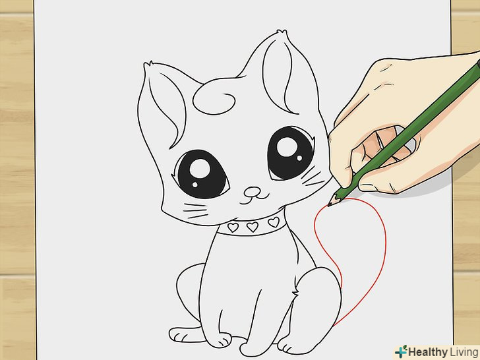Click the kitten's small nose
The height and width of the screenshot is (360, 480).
[253, 193]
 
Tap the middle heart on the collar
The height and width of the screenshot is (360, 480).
[253, 227]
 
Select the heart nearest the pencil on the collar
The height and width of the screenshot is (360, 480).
[274, 222]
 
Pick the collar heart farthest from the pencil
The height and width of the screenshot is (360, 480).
[233, 227]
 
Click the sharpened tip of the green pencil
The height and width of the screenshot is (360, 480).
[330, 204]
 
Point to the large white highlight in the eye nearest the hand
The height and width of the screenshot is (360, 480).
[287, 147]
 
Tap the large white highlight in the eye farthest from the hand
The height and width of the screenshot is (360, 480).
[200, 169]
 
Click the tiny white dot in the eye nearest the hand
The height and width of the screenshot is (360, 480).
[299, 158]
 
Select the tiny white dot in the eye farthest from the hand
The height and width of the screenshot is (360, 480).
[195, 185]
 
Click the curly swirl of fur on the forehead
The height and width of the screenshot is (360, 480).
[214, 100]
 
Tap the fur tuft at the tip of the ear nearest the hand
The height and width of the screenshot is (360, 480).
[282, 32]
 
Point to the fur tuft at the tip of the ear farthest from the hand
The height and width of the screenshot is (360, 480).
[148, 64]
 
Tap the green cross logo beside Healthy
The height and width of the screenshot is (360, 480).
[401, 351]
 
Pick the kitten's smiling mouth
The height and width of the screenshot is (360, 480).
[254, 200]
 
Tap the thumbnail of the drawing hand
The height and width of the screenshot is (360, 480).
[368, 187]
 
